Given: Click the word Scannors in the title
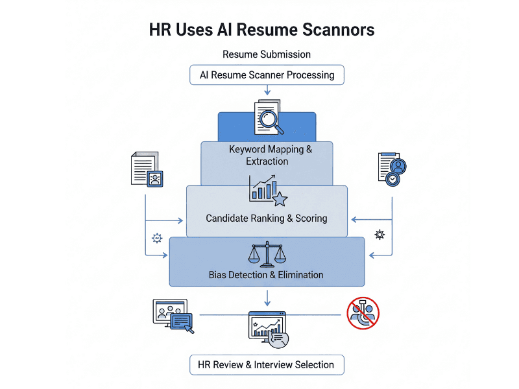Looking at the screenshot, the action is pos(338,29).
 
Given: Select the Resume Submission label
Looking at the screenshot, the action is pos(267,54).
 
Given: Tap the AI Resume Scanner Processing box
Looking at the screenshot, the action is pos(267,75).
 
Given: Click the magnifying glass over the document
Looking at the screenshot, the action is pos(271,121).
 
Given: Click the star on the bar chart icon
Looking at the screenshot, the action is pos(280,199).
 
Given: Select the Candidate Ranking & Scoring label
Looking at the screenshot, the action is pos(267,218).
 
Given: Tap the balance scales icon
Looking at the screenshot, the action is pos(267,254).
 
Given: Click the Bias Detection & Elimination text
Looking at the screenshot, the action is pos(266,275).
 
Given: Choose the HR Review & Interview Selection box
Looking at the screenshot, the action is pos(267,365).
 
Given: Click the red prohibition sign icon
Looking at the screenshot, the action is pos(363,313).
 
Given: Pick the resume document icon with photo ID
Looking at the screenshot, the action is pos(147,169).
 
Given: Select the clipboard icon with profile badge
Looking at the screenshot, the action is pos(392,169).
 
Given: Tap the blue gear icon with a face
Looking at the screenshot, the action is pos(157,238).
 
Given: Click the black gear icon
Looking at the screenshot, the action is pos(380,235).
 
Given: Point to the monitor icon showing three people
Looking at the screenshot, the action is pos(173,316).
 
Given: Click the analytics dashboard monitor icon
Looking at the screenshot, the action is pos(268,329).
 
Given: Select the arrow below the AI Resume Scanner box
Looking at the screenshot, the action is pos(267,90).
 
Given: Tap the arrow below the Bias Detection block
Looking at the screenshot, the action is pos(267,298).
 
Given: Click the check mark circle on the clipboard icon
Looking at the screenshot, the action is pos(392,179).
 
